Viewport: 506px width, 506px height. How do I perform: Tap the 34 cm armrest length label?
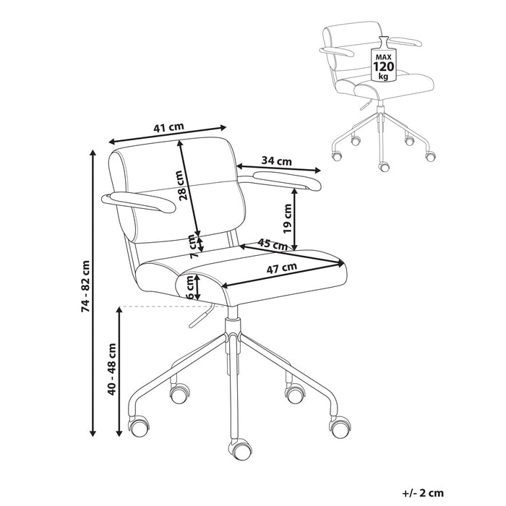tap(276, 160)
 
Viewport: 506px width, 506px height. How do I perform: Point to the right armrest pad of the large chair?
tap(279, 176)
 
